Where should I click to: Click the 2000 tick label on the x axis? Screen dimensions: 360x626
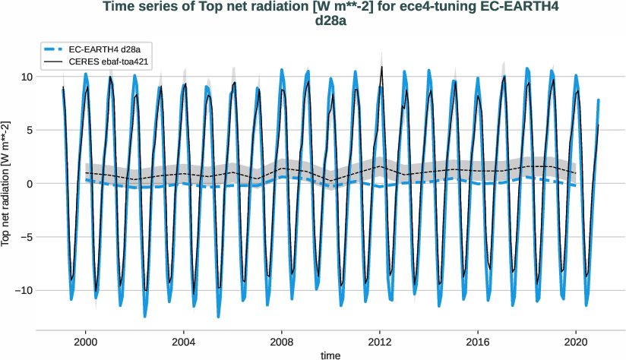pos(85,342)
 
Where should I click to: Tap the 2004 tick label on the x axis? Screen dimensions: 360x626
pos(183,342)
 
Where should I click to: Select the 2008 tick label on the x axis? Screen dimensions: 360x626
pos(282,342)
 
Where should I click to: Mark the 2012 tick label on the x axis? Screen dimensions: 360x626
pos(380,342)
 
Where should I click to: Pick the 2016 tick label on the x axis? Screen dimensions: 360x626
pos(478,342)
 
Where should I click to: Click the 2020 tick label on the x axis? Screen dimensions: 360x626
pos(576,342)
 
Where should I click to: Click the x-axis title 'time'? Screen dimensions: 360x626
pos(330,355)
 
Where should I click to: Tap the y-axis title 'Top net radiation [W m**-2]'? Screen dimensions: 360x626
pos(7,184)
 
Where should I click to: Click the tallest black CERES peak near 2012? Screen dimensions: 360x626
pos(381,68)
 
